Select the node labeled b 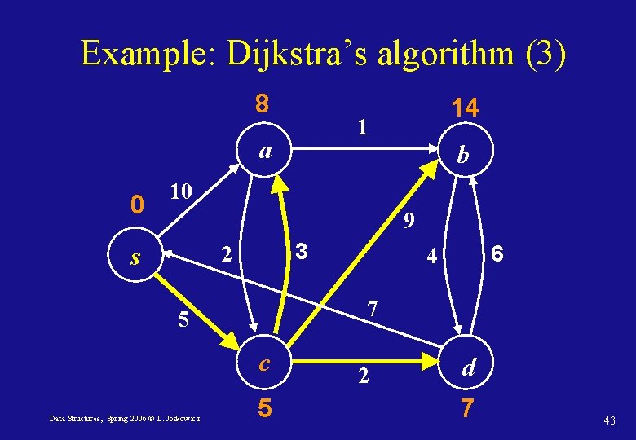(x=462, y=154)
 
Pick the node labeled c (x=264, y=363)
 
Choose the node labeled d (x=468, y=368)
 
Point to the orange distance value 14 (x=466, y=108)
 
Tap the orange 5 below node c (x=264, y=407)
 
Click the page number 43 (x=609, y=419)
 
